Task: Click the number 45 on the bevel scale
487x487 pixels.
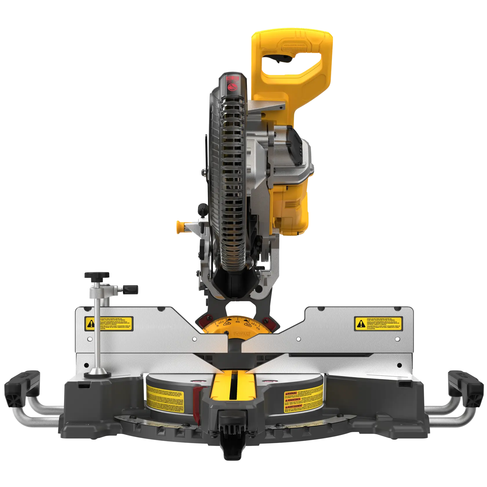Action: [x=237, y=322]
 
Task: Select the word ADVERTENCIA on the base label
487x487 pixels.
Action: [x=292, y=399]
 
